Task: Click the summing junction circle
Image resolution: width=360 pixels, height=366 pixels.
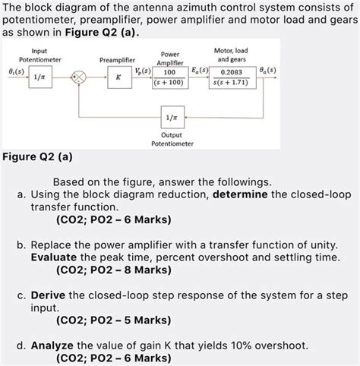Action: click(77, 77)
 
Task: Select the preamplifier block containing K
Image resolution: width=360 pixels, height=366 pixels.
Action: click(118, 77)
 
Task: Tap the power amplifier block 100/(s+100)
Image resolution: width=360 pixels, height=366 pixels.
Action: click(170, 77)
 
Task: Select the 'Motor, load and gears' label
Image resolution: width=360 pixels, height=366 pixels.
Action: click(231, 54)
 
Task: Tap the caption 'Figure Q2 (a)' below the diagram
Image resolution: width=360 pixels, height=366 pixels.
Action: click(37, 158)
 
